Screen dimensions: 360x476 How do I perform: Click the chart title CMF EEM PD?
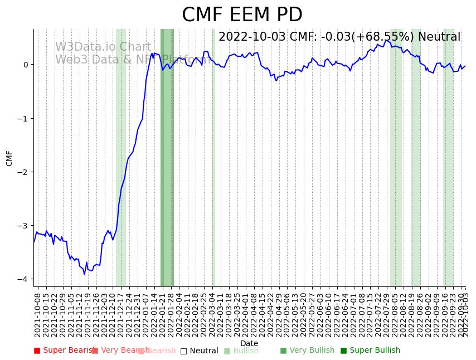pyautogui.click(x=242, y=15)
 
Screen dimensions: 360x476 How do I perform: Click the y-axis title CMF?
pyautogui.click(x=9, y=158)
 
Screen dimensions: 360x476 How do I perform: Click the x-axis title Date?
pyautogui.click(x=249, y=343)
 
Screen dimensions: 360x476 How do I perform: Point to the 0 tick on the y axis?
pyautogui.click(x=26, y=65)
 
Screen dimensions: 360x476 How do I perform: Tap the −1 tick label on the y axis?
pyautogui.click(x=23, y=118)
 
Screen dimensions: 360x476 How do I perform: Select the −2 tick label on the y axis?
pyautogui.click(x=23, y=172)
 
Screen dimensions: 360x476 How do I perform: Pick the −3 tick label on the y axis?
pyautogui.click(x=23, y=226)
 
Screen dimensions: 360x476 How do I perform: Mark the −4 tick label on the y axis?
pyautogui.click(x=23, y=279)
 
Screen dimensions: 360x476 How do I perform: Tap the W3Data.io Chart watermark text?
pyautogui.click(x=103, y=47)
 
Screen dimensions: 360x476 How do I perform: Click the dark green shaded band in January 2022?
pyautogui.click(x=167, y=167)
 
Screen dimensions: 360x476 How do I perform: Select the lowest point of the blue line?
pyautogui.click(x=84, y=274)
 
